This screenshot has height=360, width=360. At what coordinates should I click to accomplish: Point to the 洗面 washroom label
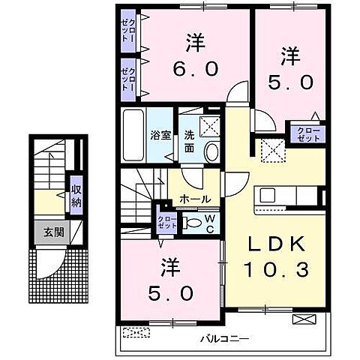tap(190, 142)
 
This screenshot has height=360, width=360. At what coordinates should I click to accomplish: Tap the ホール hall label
tap(194, 199)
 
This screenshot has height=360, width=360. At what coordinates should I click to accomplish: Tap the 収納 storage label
tap(76, 194)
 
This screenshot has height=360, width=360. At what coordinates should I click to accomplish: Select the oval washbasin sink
tap(211, 152)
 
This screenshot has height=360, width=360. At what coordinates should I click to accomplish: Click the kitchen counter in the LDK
tap(289, 198)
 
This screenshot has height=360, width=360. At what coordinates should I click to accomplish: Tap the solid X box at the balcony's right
tap(304, 319)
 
